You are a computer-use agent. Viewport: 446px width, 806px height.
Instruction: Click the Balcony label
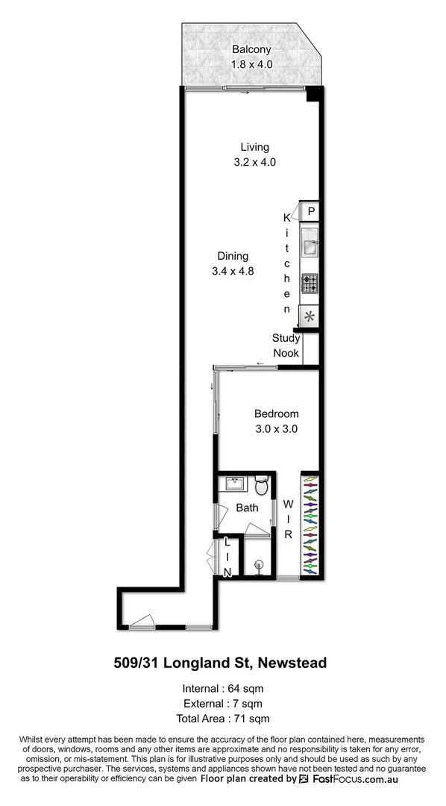tap(251, 50)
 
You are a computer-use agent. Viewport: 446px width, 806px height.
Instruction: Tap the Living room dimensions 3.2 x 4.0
tap(254, 162)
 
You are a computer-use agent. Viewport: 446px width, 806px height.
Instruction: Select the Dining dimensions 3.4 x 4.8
tap(233, 272)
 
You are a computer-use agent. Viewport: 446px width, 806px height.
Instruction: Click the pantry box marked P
tap(310, 211)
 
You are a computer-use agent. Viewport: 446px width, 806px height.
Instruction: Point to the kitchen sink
tap(309, 243)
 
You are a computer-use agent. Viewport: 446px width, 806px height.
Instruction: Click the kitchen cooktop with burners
tap(309, 284)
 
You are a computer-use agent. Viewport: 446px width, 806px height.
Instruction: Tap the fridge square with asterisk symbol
tap(309, 317)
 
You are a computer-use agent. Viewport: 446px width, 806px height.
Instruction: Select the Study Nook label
tap(286, 346)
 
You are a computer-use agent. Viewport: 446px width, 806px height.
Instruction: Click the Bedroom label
tap(276, 414)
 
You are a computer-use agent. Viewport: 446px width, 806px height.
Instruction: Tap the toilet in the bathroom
tap(262, 487)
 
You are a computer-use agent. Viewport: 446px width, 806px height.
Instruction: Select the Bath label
tap(247, 508)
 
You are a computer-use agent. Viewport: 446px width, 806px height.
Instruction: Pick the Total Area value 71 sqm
tap(252, 719)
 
